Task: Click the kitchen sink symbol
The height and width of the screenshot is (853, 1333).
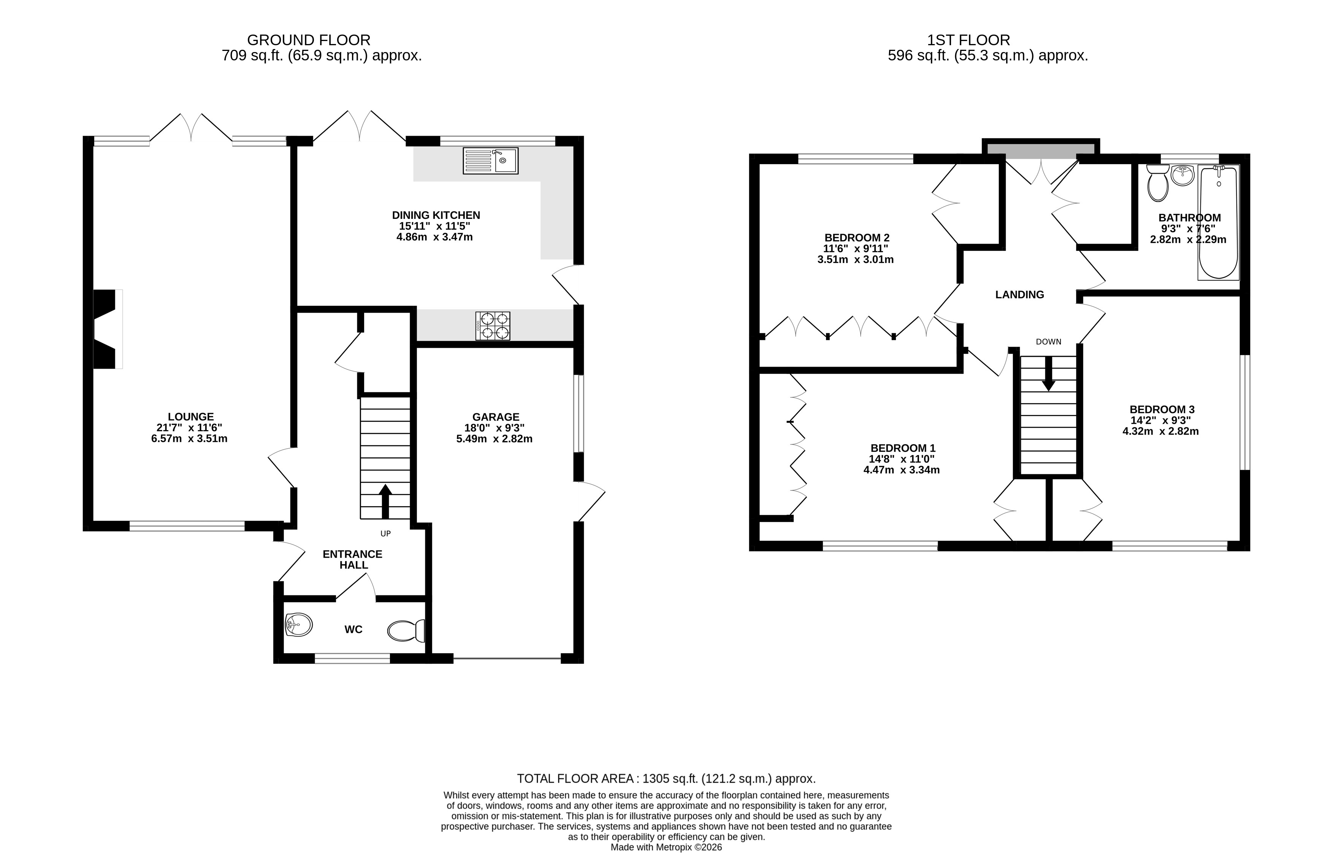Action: [490, 161]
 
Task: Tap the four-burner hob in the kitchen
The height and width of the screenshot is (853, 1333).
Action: [493, 326]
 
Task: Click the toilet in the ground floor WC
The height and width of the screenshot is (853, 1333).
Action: [406, 630]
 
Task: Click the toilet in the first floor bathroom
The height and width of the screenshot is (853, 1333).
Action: [1157, 183]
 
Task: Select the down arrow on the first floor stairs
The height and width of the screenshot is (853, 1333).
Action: [1048, 374]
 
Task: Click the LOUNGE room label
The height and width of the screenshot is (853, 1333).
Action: [190, 416]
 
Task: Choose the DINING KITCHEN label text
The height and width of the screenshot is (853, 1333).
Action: [436, 215]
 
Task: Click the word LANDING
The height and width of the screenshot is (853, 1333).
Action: [1019, 295]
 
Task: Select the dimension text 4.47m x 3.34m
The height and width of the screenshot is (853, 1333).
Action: [902, 470]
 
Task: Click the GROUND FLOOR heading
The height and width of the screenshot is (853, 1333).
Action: [309, 40]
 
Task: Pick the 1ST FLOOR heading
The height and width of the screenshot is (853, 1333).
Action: [968, 40]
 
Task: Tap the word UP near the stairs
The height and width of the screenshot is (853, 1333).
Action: [385, 534]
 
